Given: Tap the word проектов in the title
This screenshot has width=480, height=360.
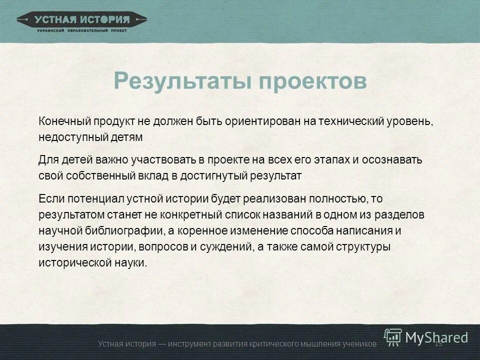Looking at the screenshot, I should point(313,81).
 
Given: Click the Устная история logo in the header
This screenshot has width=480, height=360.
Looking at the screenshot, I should point(82,20).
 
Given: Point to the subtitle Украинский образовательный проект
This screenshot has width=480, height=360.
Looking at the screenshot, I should point(82,30).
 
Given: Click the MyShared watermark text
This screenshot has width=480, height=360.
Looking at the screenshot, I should point(436,337).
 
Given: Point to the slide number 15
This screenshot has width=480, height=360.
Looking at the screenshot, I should point(439,343).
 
